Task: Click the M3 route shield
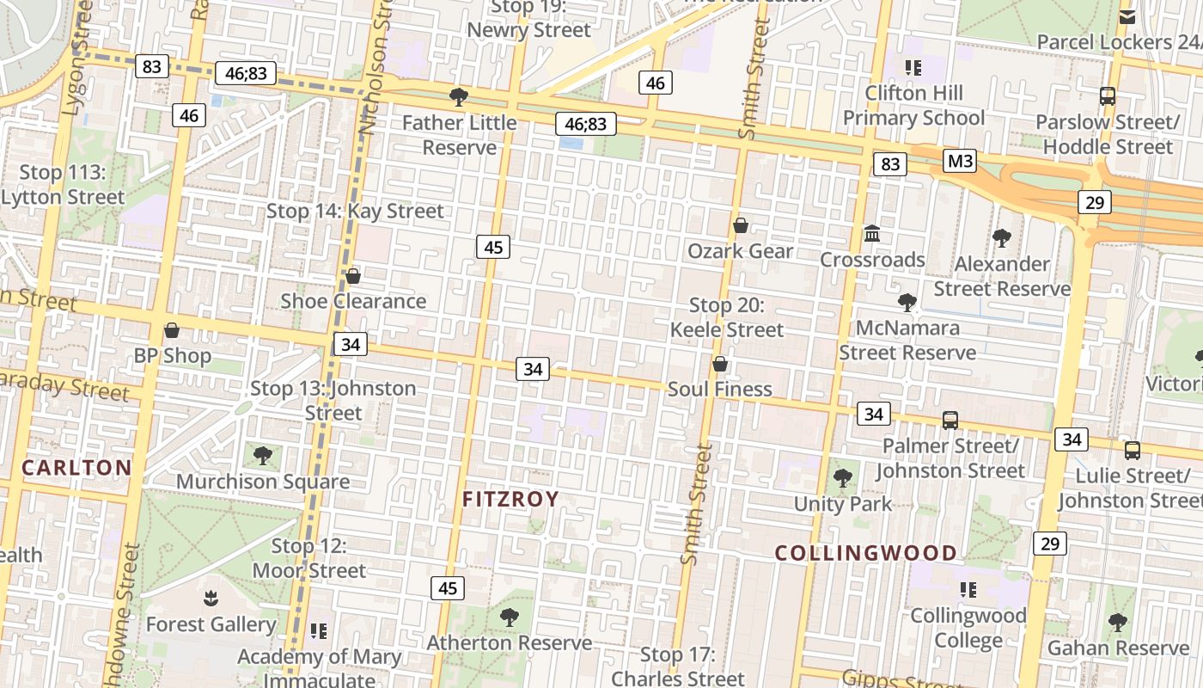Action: tap(960, 161)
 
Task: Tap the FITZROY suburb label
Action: tap(510, 499)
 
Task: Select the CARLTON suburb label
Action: tap(76, 468)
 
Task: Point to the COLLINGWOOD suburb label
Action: tap(866, 553)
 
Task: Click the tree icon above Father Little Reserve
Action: tap(459, 96)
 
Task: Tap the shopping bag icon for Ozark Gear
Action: tap(741, 225)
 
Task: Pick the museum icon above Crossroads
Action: tap(872, 233)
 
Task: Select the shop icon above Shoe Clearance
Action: tap(352, 276)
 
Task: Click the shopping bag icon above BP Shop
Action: tap(172, 330)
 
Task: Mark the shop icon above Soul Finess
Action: tap(720, 364)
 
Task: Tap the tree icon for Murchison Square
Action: tap(263, 456)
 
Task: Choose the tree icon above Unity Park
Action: tap(843, 478)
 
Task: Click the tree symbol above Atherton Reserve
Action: tap(510, 617)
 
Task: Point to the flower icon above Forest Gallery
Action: tap(211, 598)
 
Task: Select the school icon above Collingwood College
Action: tap(968, 590)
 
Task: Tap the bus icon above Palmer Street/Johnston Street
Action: tap(950, 420)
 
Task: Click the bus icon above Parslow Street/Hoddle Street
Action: tap(1108, 96)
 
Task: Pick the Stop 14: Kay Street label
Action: tap(355, 211)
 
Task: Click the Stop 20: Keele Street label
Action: tap(727, 317)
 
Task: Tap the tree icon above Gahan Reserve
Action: tap(1117, 622)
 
